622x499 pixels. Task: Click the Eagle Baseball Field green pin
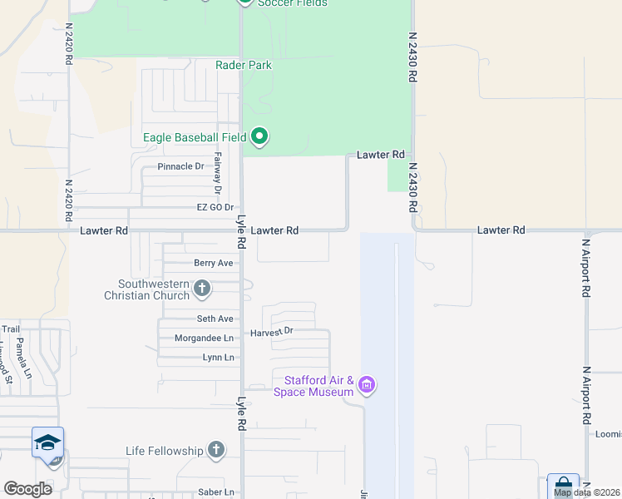click(x=259, y=136)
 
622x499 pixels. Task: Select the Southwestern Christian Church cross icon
click(x=201, y=289)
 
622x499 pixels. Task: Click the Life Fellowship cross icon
click(x=216, y=451)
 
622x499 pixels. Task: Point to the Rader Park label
click(x=244, y=65)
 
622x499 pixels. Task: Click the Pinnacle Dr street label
click(x=180, y=166)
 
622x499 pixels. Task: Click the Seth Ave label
click(x=215, y=319)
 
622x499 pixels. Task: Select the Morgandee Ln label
click(x=204, y=338)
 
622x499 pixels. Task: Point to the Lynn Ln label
click(x=219, y=358)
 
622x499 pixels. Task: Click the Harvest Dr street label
click(x=272, y=332)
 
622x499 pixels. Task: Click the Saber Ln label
click(x=216, y=492)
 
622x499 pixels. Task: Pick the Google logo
click(x=27, y=489)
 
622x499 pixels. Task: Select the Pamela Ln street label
click(x=22, y=363)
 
